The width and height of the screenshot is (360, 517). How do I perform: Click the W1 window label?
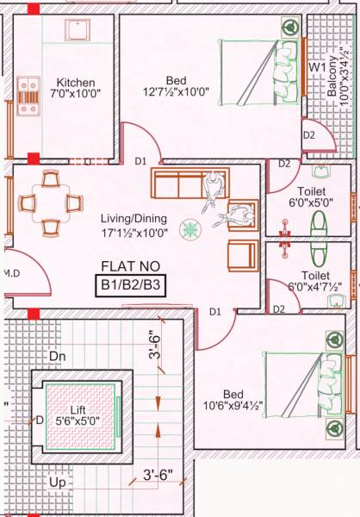[317, 65]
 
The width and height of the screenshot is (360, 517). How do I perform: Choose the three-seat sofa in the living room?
[179, 184]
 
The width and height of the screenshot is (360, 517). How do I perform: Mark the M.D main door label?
[11, 273]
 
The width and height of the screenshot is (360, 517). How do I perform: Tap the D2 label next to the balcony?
[308, 135]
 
